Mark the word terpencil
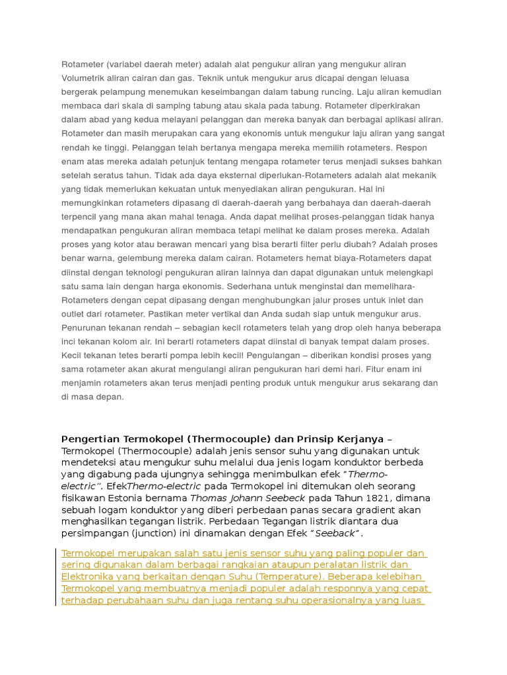pyautogui.click(x=79, y=218)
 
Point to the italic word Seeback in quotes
pyautogui.click(x=336, y=533)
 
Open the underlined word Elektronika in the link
pyautogui.click(x=88, y=577)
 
